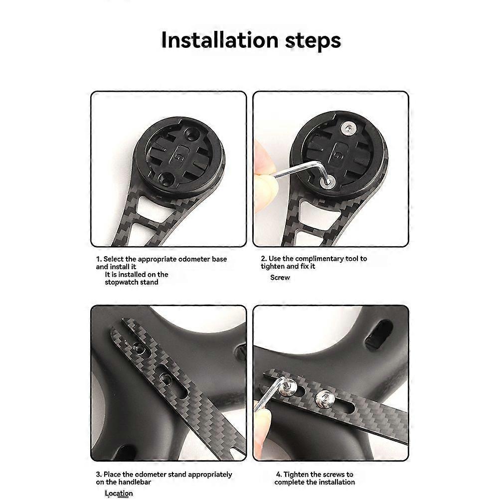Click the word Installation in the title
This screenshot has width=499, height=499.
[x=220, y=40]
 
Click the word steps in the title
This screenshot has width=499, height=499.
[x=313, y=41]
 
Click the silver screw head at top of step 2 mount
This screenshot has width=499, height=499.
[x=347, y=128]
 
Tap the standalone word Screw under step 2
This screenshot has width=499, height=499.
[x=280, y=278]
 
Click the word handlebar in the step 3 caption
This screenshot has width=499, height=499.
[x=135, y=482]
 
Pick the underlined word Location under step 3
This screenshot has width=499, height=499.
[x=119, y=494]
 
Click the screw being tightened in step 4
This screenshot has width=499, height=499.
[x=289, y=386]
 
